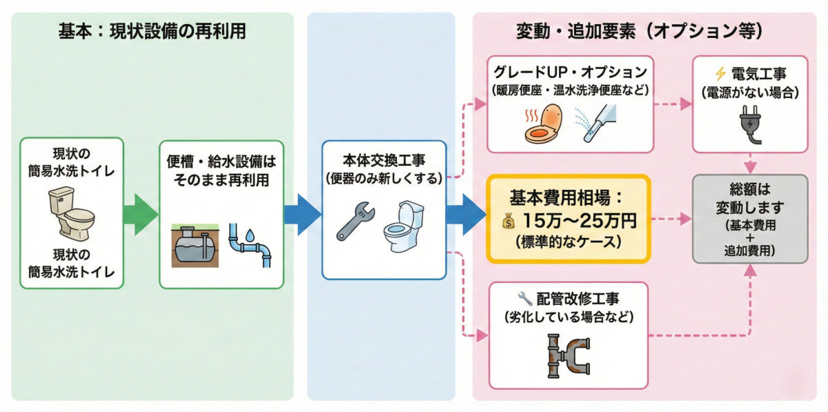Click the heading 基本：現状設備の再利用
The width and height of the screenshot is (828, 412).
click(152, 32)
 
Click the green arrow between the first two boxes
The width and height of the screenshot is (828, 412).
click(141, 213)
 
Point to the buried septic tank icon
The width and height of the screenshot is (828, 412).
click(194, 243)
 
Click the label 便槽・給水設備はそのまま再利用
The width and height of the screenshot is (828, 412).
click(221, 171)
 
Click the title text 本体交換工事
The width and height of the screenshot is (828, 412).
click(384, 162)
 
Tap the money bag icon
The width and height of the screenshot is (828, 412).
click(509, 222)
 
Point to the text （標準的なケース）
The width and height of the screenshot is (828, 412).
click(568, 243)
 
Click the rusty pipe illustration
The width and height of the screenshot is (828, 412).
click(568, 355)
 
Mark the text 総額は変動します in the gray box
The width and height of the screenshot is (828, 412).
click(749, 197)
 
